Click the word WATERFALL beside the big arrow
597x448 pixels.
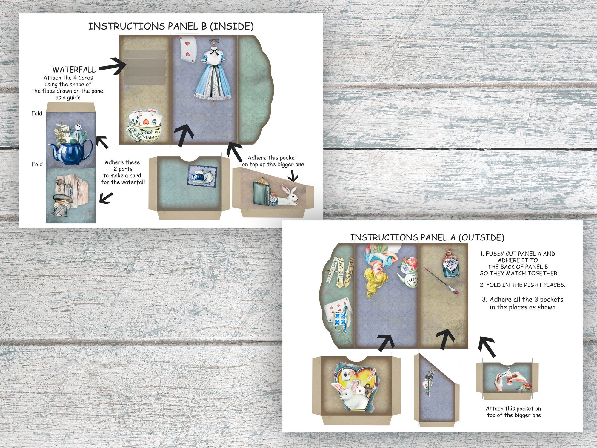pos(74,70)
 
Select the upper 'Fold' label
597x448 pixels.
pos(37,113)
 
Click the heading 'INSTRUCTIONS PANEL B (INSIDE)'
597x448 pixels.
pos(171,26)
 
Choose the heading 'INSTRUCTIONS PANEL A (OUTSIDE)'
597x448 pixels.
pos(427,237)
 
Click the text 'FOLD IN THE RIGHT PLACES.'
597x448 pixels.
pos(522,285)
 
